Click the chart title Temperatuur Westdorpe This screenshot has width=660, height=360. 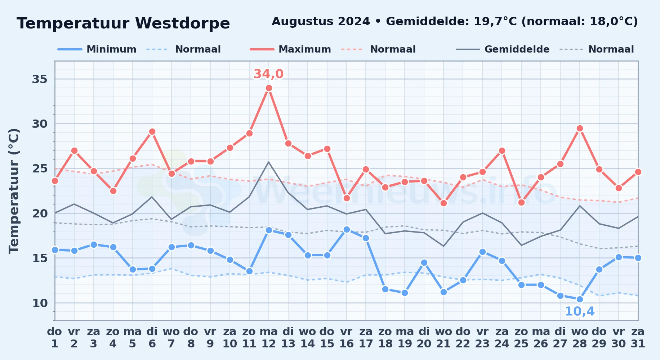(123, 23)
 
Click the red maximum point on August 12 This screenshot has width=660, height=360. (269, 88)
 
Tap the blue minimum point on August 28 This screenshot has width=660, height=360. (580, 299)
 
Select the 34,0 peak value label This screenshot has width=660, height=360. (268, 74)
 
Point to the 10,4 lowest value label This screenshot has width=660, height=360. (580, 311)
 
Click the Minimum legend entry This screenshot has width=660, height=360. (97, 49)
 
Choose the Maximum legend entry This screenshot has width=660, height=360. (290, 49)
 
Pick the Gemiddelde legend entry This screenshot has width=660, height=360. (503, 49)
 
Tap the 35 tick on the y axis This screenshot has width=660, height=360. (40, 79)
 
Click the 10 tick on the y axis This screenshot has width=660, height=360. (40, 303)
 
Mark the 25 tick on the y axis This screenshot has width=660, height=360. (40, 168)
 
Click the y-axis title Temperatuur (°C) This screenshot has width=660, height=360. (14, 191)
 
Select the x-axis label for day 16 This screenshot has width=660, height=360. (347, 337)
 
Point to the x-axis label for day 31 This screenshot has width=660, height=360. (638, 337)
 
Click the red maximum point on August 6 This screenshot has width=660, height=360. (152, 132)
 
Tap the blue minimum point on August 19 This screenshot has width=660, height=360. (405, 293)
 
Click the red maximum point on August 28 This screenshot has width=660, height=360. (580, 128)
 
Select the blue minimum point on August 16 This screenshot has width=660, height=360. (347, 229)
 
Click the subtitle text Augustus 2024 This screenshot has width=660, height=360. (321, 22)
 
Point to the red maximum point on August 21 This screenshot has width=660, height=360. (443, 203)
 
